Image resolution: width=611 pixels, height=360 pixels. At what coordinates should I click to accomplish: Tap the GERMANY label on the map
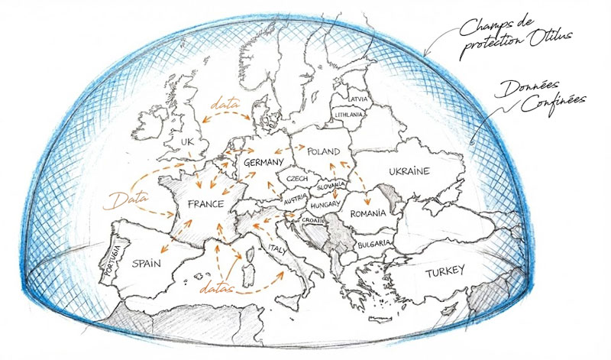click(x=262, y=163)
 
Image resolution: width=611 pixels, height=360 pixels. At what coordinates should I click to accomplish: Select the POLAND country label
click(x=322, y=153)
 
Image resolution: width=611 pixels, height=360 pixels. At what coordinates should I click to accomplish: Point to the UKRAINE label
click(x=410, y=170)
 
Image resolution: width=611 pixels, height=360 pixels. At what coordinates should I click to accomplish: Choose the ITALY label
click(x=276, y=249)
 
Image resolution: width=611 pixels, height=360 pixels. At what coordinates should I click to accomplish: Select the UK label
click(x=187, y=142)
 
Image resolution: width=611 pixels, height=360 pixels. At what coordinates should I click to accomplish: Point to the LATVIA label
click(x=357, y=100)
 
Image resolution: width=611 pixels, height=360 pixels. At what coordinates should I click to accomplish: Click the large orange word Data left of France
click(x=130, y=200)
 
